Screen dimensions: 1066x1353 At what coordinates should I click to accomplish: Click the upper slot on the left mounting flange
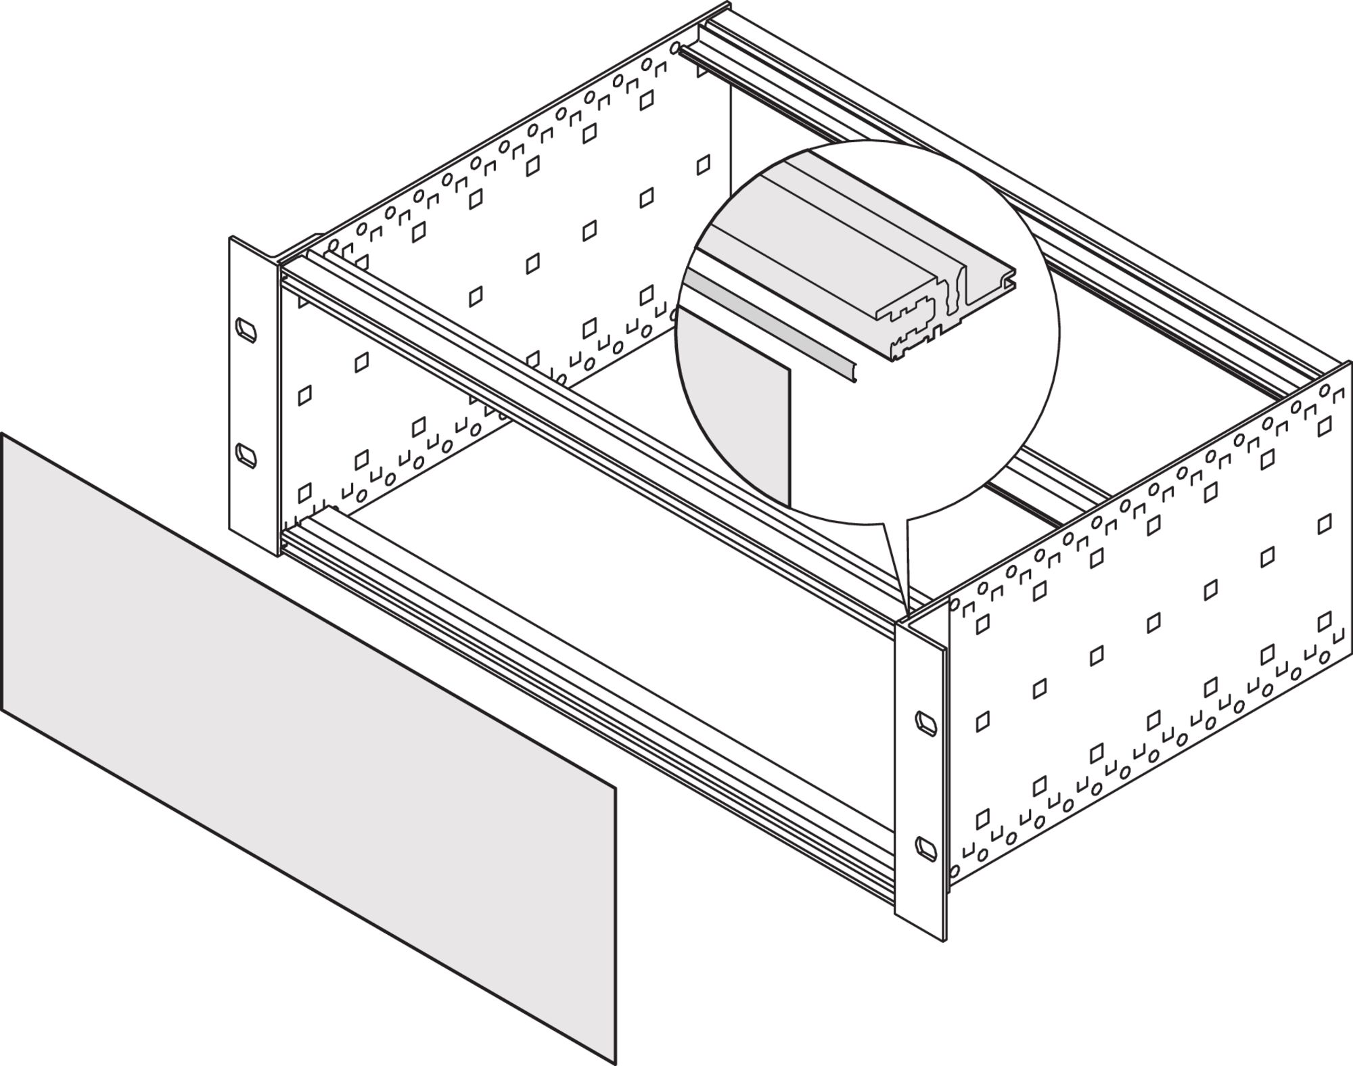coord(246,329)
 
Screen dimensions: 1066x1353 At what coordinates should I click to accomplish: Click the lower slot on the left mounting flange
coord(246,455)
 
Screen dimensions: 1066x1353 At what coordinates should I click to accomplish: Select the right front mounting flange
coord(920,778)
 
